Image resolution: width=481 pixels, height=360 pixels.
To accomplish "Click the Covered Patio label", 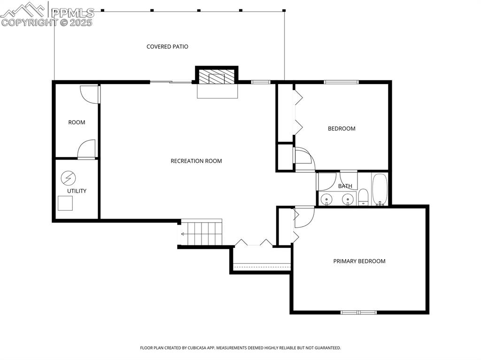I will point(167,46).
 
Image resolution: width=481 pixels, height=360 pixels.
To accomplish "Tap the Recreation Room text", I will point(196,161).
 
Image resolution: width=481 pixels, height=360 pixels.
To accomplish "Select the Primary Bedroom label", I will point(359,261).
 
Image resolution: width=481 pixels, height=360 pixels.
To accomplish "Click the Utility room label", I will point(77,191).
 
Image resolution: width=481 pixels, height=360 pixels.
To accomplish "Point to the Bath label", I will point(345,186).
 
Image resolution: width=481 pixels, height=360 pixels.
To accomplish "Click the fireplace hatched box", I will point(217,77).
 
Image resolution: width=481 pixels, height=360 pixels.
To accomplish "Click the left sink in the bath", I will point(326,200).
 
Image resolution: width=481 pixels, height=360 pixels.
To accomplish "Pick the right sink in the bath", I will point(348,200).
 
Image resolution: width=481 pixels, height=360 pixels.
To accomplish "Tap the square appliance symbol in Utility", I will point(65,203).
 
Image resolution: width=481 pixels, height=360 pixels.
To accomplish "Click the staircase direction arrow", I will point(181,233).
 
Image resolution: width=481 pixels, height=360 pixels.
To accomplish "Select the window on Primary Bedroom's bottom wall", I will point(358,312).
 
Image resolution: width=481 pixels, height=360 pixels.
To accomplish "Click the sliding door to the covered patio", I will point(171,82).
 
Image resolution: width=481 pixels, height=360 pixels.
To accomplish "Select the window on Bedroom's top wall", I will point(341,82).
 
